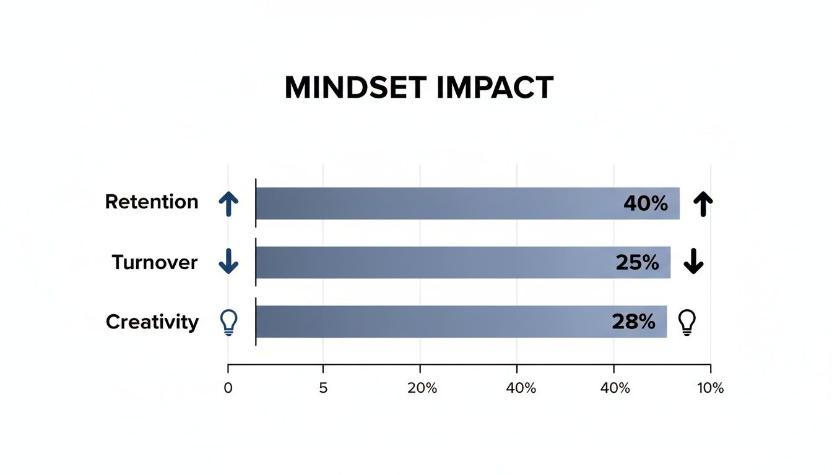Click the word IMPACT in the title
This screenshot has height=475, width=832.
494,88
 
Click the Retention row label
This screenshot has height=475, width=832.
152,202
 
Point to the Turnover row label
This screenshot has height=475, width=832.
155,262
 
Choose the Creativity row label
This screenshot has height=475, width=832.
152,322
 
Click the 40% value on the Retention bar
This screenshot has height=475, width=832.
646,203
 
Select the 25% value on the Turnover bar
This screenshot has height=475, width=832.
637,262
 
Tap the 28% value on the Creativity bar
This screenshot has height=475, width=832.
633,322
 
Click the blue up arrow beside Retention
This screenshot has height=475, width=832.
228,203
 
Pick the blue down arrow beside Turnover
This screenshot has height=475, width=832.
228,262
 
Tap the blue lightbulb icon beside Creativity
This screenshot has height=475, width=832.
229,322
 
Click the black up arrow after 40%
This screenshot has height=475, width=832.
702,203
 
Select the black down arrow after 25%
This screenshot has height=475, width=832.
693,262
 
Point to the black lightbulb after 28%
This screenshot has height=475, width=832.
687,322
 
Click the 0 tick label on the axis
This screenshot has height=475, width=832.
228,388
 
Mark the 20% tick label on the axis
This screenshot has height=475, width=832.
422,388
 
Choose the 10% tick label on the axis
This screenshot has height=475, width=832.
710,388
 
